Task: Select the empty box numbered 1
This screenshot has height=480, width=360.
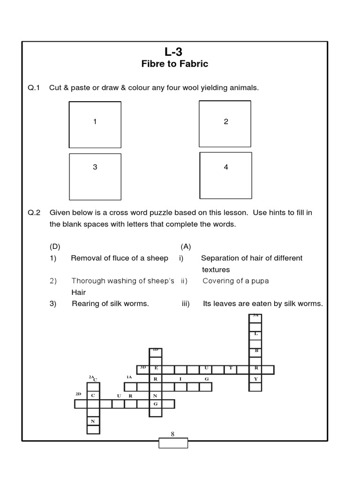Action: [95, 125]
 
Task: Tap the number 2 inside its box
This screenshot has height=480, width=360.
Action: [226, 121]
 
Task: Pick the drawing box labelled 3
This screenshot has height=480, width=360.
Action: [95, 175]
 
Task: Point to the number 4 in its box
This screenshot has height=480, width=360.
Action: [226, 167]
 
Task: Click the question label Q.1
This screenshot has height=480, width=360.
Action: [34, 88]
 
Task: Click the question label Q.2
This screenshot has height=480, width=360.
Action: [34, 212]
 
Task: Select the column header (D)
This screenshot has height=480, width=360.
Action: [55, 247]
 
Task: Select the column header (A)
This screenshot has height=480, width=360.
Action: [185, 247]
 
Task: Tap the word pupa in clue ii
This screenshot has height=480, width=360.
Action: [260, 281]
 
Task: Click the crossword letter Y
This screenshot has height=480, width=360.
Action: [255, 378]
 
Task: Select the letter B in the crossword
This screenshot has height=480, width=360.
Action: [255, 350]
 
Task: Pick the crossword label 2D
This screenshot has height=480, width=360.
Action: [79, 395]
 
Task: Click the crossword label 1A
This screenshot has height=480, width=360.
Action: [129, 377]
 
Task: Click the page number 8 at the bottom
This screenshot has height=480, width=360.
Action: [172, 434]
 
